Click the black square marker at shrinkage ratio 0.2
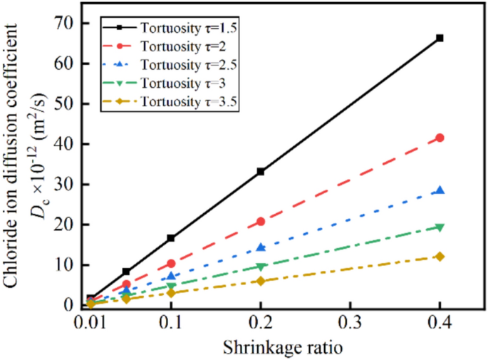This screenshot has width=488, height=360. point(261,171)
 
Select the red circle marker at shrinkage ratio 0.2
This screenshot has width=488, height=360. point(261,222)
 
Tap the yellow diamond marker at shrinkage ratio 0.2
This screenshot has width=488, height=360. point(261,281)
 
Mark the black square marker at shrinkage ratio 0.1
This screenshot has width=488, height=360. point(171,238)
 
